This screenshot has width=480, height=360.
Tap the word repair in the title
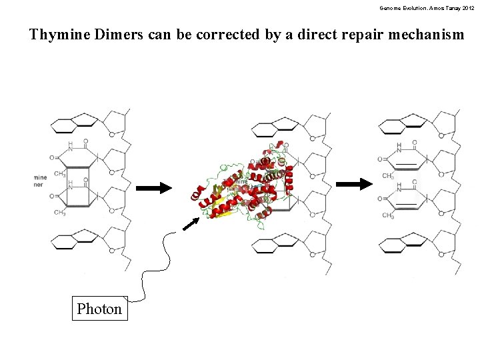tap(353, 35)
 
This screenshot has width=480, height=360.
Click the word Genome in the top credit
tap(391, 7)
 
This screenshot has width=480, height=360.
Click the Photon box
tap(99, 309)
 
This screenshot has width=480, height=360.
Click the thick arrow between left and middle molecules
tap(153, 189)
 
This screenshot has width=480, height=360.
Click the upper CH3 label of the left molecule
tap(60, 174)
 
